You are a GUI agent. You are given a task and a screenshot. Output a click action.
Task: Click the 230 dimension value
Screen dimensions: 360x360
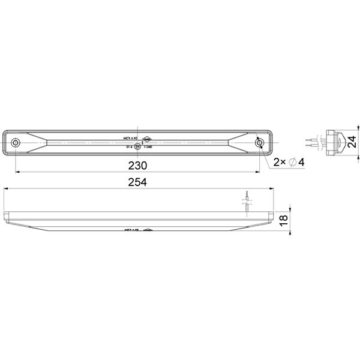pos(138,164)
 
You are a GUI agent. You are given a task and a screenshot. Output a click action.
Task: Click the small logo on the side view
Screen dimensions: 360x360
pos(148,229)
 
